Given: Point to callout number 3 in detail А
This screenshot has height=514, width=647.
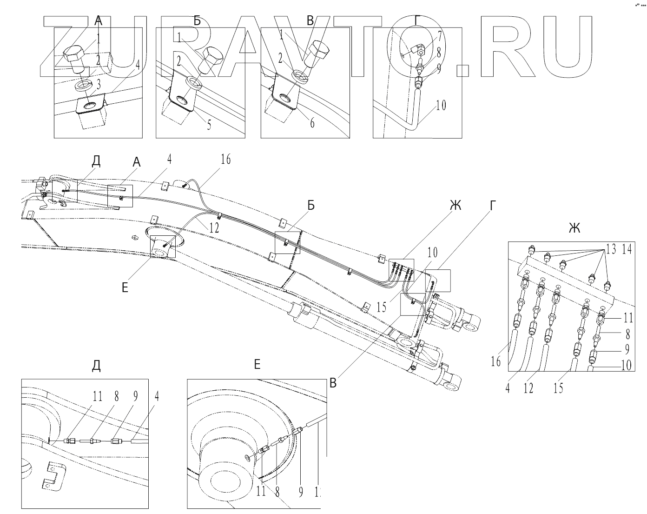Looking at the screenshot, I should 99,84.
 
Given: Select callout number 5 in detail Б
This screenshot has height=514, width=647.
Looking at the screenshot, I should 209,125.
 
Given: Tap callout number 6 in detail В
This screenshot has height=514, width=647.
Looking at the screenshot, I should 312,123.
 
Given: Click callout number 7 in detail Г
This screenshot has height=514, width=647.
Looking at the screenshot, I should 439,37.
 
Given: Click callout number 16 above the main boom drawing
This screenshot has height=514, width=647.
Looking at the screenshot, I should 225,160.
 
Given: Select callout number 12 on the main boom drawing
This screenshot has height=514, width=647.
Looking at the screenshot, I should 214,227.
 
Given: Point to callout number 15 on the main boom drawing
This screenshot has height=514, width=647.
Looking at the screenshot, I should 382,307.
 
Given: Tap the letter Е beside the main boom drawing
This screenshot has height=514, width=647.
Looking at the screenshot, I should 125,287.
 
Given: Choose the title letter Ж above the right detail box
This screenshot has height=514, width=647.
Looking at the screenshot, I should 574,228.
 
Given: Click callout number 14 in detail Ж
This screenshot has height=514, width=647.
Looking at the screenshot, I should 627,249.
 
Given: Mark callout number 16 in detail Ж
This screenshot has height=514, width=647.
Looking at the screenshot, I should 496,360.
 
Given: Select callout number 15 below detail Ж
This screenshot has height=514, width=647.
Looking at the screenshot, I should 558,387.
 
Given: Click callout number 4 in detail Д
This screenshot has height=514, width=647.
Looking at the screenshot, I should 157,396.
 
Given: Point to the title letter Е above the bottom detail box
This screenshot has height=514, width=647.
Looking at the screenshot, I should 257,365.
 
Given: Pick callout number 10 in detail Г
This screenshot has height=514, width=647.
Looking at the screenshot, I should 441,105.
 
